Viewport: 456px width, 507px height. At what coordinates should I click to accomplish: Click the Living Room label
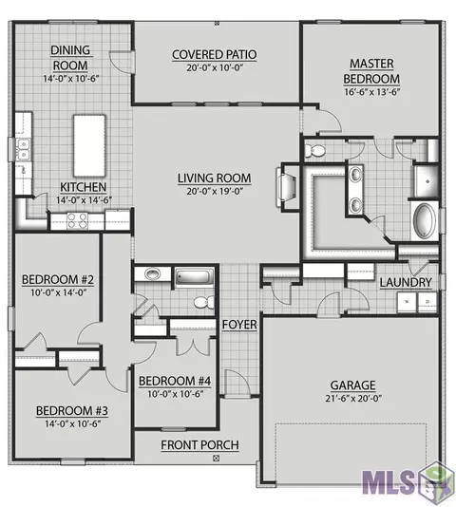(215, 178)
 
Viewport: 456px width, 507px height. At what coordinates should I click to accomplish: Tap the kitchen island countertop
(89, 145)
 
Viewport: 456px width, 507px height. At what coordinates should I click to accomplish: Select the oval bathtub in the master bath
(425, 220)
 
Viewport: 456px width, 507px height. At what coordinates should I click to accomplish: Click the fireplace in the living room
(286, 187)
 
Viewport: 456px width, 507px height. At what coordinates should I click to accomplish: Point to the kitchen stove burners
(77, 221)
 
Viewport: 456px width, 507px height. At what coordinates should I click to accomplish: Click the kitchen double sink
(24, 149)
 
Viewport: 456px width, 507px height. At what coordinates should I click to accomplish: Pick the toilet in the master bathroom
(314, 150)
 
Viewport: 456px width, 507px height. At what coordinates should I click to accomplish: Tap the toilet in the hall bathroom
(204, 302)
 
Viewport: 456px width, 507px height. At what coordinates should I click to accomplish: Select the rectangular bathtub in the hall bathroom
(195, 277)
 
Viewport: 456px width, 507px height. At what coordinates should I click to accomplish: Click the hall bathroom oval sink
(152, 273)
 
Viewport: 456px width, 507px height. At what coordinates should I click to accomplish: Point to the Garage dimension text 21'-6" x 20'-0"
(353, 399)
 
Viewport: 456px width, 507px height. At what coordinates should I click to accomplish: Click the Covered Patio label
(215, 55)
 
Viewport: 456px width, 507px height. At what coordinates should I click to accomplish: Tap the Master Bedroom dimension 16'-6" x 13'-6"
(371, 92)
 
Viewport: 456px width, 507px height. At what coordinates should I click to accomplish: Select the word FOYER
(239, 325)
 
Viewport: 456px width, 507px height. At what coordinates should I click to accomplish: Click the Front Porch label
(200, 445)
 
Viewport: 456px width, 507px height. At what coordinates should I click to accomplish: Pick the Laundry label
(406, 283)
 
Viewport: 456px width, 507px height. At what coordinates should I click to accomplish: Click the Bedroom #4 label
(175, 381)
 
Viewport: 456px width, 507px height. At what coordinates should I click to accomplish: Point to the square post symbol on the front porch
(217, 458)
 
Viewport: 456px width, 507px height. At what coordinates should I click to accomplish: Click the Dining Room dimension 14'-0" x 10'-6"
(71, 79)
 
